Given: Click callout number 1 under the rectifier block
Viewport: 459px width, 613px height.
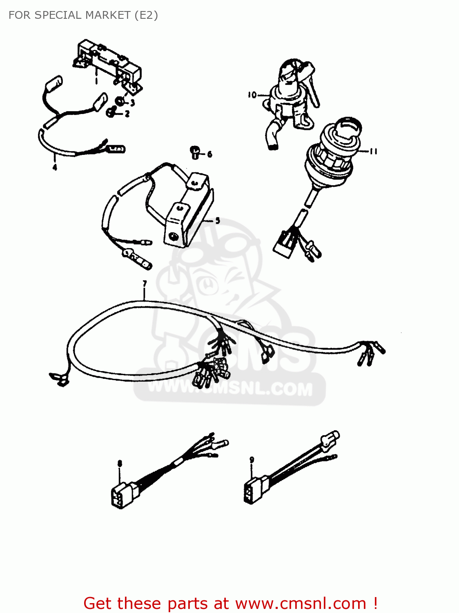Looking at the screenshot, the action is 96,81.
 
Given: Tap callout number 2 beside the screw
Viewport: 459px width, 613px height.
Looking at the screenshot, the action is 127,114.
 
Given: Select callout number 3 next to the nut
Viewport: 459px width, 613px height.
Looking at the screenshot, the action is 132,103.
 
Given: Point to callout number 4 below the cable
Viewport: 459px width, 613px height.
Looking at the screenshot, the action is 55,167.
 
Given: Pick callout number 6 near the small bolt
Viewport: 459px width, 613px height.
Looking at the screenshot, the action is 209,154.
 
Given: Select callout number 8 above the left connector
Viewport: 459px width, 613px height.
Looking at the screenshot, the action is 120,463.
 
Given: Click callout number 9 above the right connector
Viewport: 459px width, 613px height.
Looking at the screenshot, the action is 252,459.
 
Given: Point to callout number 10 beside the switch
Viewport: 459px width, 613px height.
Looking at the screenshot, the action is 252,95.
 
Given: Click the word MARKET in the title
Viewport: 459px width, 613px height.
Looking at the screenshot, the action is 108,16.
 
